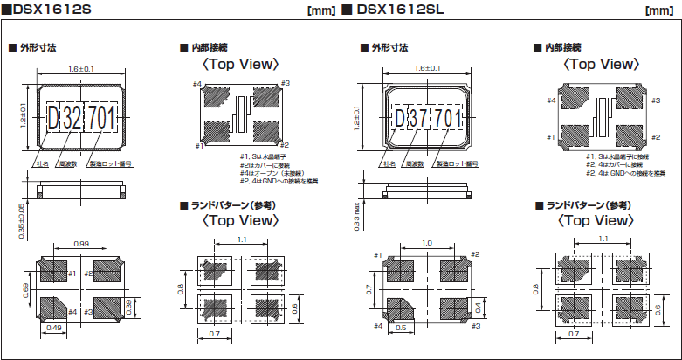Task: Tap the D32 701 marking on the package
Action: (x=80, y=116)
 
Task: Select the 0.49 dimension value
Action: (x=55, y=328)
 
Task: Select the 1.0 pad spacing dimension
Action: (x=425, y=244)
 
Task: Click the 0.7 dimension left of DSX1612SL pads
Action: (x=369, y=288)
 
